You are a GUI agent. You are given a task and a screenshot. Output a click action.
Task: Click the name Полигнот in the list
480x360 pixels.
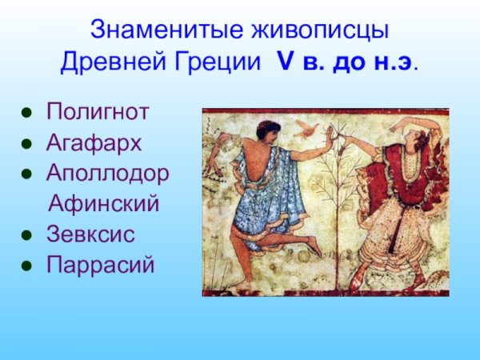tap(97, 112)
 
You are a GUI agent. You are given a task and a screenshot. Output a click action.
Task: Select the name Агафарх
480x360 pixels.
tap(94, 143)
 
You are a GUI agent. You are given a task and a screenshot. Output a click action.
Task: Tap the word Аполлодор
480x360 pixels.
tap(108, 174)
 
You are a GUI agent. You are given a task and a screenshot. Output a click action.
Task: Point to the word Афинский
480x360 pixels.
tap(104, 204)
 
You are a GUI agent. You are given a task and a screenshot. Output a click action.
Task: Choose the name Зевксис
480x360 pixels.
tap(90, 234)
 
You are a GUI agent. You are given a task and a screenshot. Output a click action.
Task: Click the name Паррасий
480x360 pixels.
tap(100, 265)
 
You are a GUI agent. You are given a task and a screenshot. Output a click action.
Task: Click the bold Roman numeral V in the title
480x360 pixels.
tap(286, 62)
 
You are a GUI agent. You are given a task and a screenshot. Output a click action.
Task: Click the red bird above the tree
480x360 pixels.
tap(304, 126)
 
